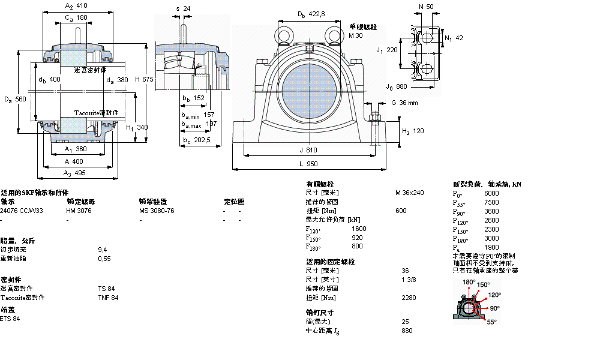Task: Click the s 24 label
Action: pyautogui.click(x=183, y=8)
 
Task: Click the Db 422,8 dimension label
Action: pyautogui.click(x=311, y=14)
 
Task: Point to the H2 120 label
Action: pyautogui.click(x=413, y=131)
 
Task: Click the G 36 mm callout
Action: pyautogui.click(x=404, y=103)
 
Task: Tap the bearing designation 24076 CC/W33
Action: pyautogui.click(x=22, y=211)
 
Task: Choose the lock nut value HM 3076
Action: pyautogui.click(x=79, y=211)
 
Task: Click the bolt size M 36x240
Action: pyautogui.click(x=409, y=193)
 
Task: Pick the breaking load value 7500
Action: pyautogui.click(x=491, y=202)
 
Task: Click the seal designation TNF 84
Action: pyautogui.click(x=108, y=298)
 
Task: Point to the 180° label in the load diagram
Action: pyautogui.click(x=469, y=282)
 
